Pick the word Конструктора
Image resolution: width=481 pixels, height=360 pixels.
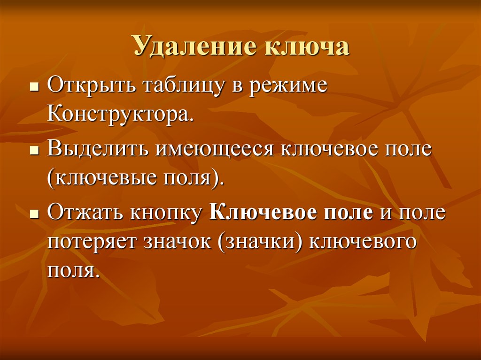coord(120,115)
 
